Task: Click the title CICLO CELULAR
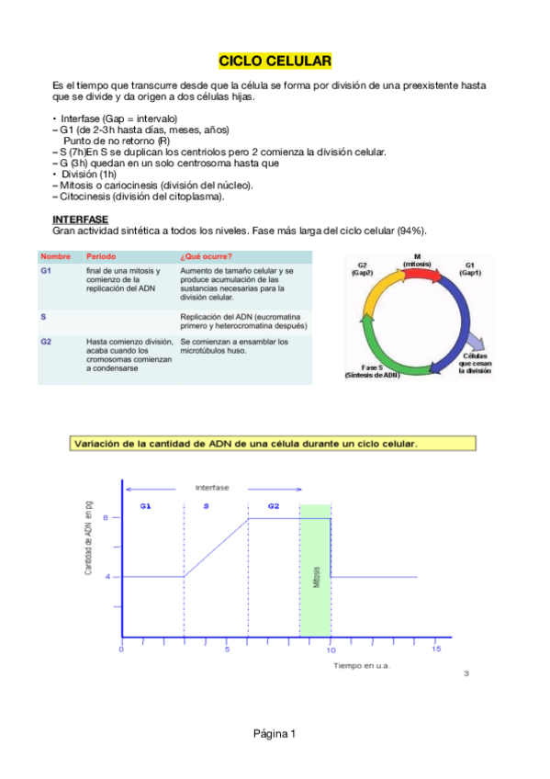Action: pos(275,62)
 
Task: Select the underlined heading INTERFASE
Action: pos(81,220)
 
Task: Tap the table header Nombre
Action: pos(54,256)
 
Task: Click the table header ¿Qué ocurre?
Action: pos(207,256)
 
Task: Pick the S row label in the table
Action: pos(44,316)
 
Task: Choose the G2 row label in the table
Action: pos(47,342)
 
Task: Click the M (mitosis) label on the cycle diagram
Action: pos(418,261)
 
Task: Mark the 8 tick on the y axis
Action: pos(107,518)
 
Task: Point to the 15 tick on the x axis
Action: pos(436,649)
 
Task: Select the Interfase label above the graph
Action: pos(212,487)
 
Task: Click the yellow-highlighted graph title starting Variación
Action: pos(244,443)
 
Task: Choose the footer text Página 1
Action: pos(275,733)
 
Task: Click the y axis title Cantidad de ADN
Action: pos(88,544)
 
